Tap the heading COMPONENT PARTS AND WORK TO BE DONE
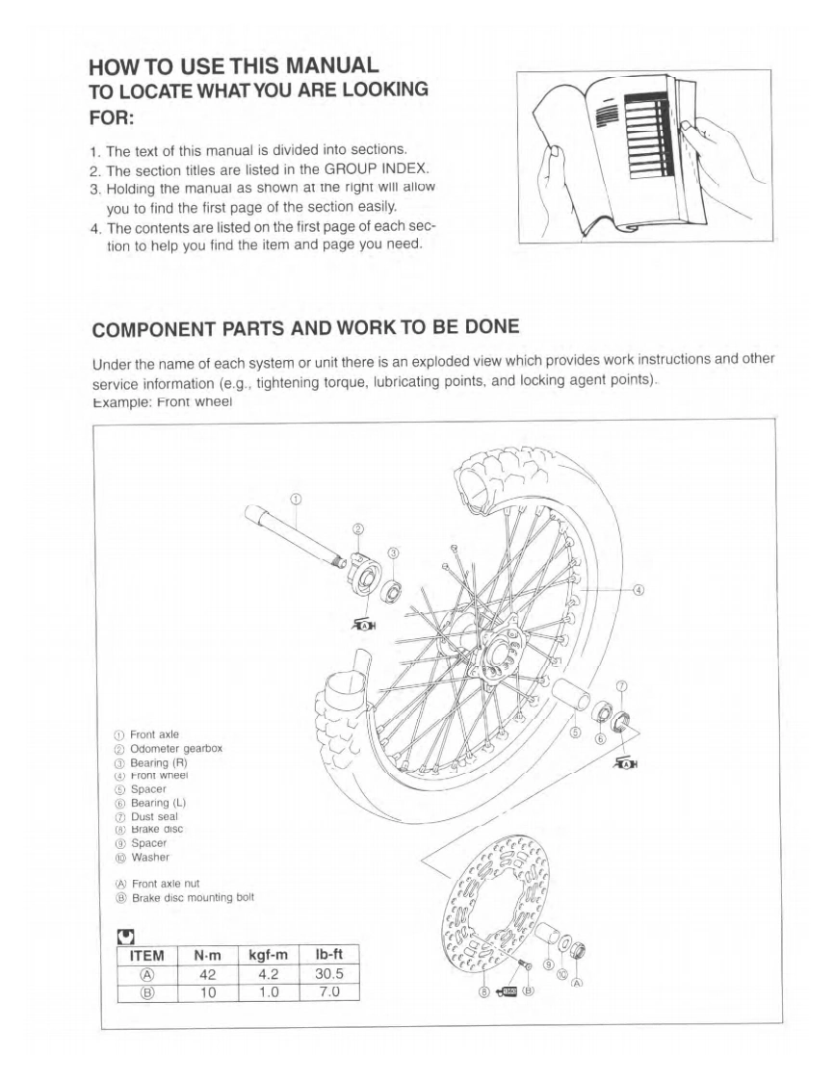pyautogui.click(x=305, y=327)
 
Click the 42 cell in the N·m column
pyautogui.click(x=207, y=973)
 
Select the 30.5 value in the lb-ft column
pyautogui.click(x=329, y=973)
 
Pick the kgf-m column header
pyautogui.click(x=269, y=955)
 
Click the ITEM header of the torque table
pyautogui.click(x=142, y=955)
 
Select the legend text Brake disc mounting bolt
pyautogui.click(x=193, y=898)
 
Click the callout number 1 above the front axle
pyautogui.click(x=296, y=499)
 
